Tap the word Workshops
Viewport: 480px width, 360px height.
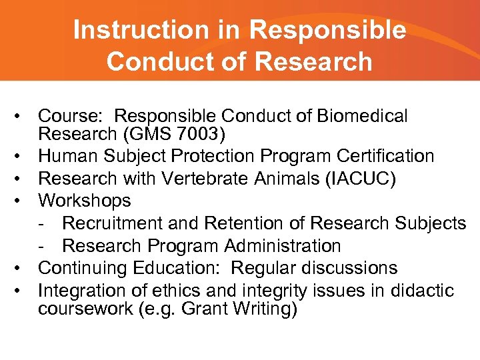(85, 201)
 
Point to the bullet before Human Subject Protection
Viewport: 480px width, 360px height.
(22, 157)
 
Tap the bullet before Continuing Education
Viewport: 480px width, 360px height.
(22, 269)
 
